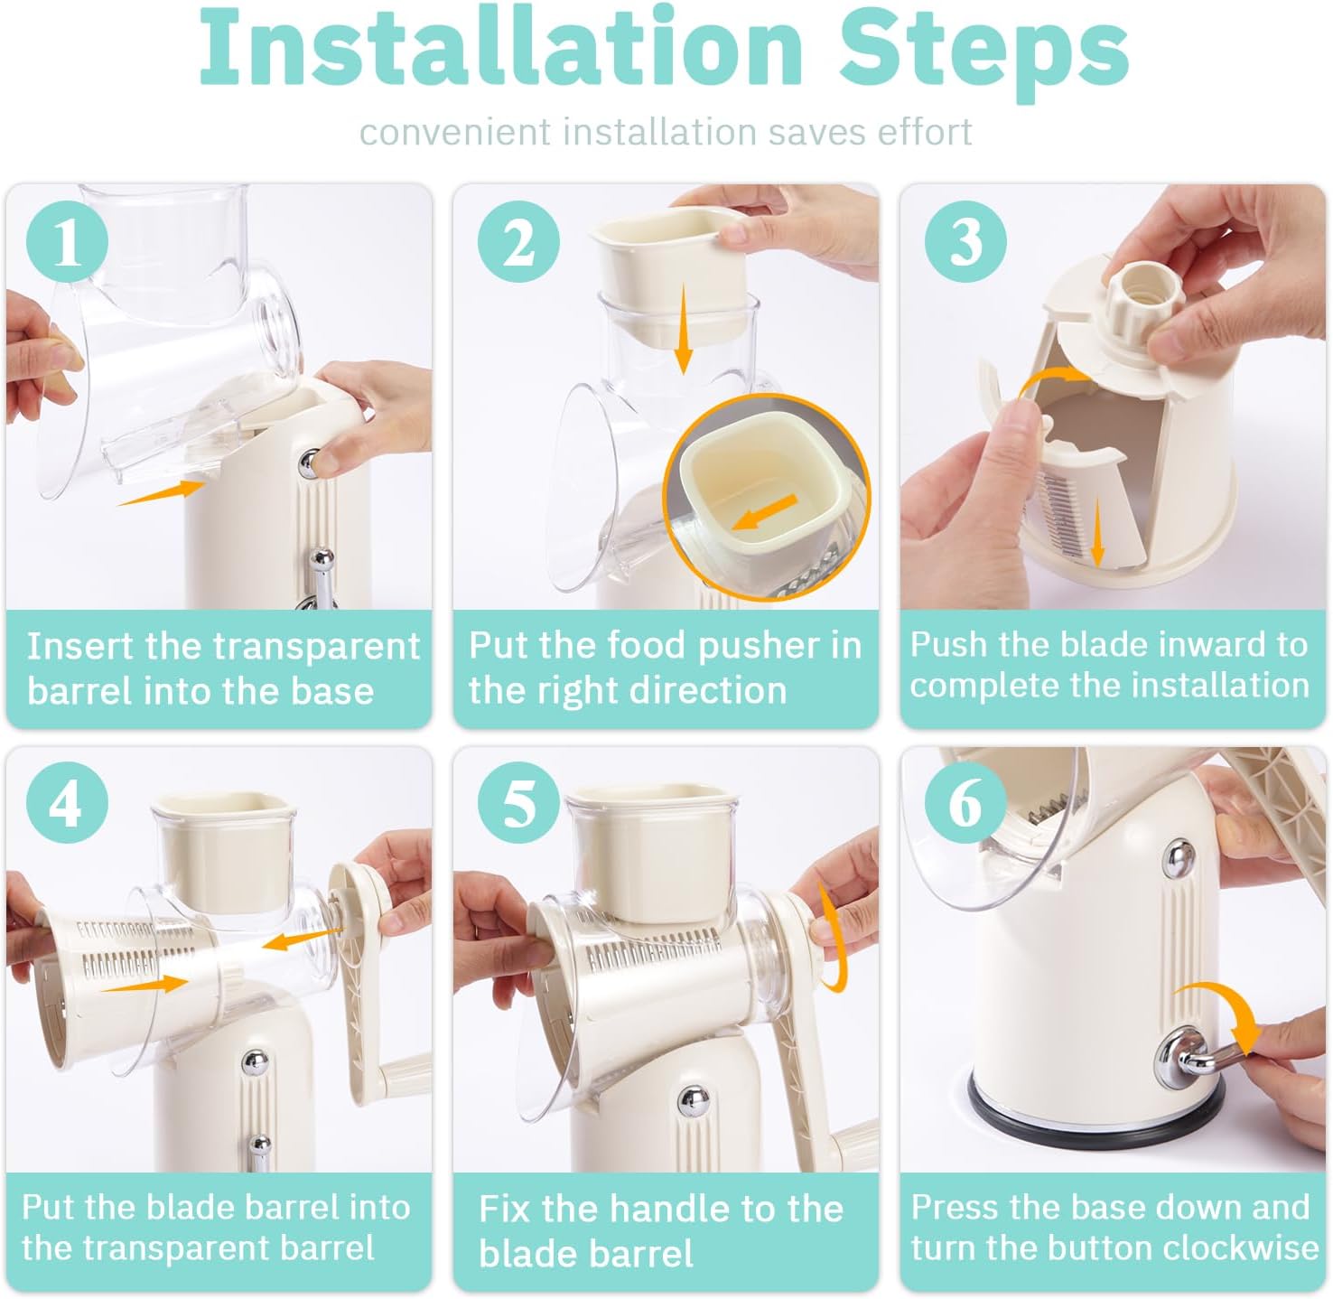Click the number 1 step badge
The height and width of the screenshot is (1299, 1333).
point(67,241)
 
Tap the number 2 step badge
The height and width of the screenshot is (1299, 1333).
point(518,241)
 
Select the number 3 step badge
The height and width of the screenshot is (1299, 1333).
point(965,241)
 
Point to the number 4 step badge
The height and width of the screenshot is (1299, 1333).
point(67,803)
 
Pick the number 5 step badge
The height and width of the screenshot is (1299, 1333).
point(518,803)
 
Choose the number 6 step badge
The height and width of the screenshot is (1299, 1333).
point(965,803)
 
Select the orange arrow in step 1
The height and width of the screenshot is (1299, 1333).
point(162,492)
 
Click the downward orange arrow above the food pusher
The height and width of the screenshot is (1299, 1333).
point(683,331)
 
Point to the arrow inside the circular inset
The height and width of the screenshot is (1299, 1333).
point(763,512)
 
